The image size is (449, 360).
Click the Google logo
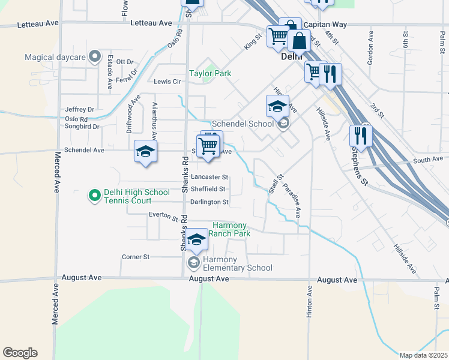click(20, 353)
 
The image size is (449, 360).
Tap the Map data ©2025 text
click(424, 355)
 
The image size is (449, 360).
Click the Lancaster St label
click(209, 177)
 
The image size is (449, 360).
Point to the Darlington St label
click(209, 202)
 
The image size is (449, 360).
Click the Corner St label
click(135, 257)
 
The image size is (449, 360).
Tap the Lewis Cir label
click(167, 82)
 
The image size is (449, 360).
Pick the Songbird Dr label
click(82, 127)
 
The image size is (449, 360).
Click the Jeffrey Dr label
click(80, 109)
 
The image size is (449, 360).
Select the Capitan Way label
click(325, 25)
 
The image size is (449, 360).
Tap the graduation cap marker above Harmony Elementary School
click(196, 240)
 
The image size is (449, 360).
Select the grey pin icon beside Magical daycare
click(94, 58)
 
